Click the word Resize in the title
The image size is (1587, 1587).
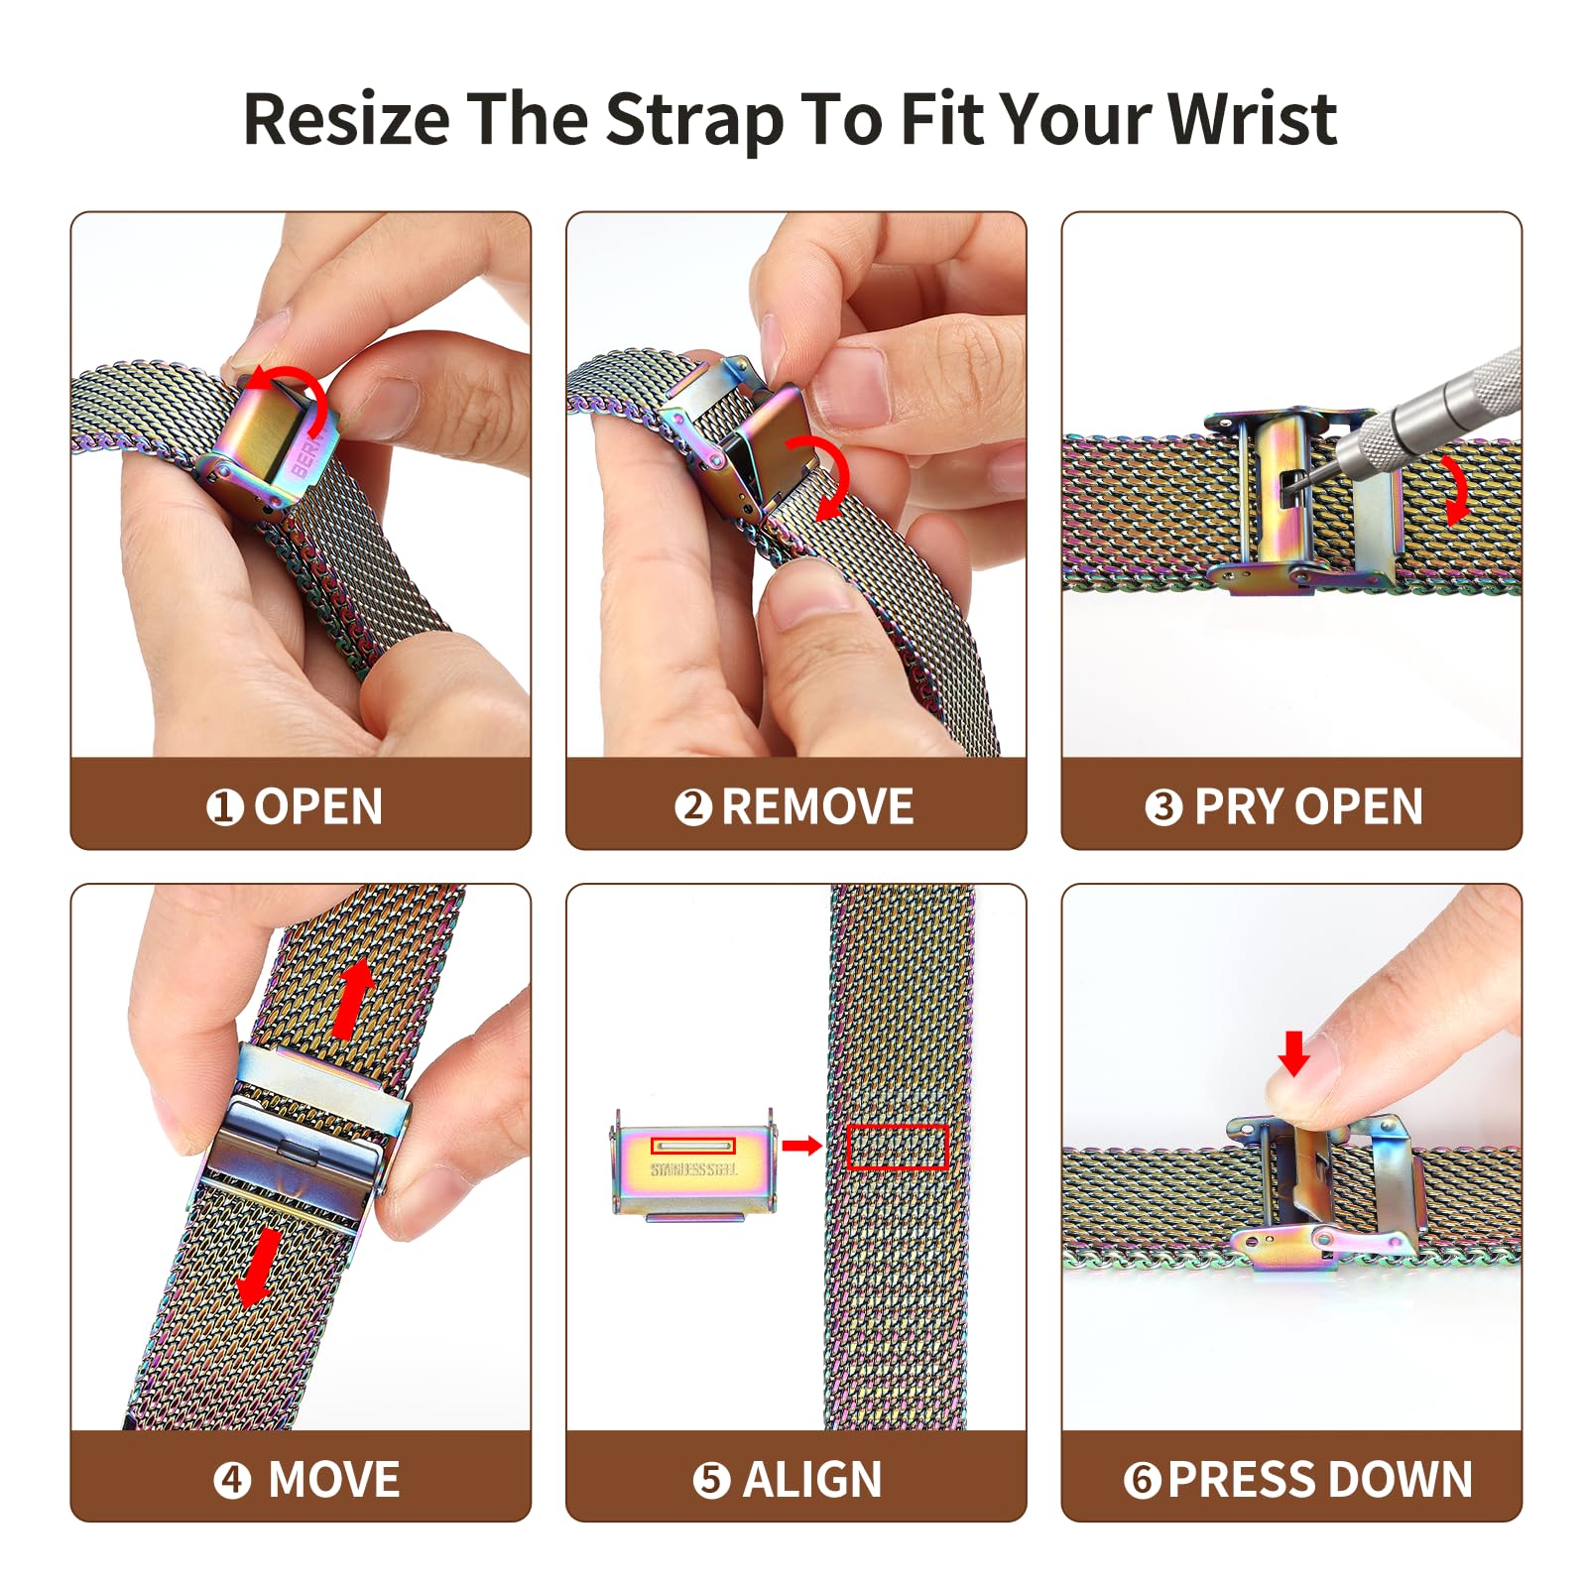tap(347, 120)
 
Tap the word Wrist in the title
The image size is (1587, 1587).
tap(1253, 118)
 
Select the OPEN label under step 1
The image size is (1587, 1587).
tap(318, 806)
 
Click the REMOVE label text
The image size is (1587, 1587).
tap(817, 806)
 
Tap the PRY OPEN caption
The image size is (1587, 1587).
tap(1308, 806)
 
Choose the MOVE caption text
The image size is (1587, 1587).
tap(334, 1480)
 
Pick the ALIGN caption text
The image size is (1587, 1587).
tap(812, 1480)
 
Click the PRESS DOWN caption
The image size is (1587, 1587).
tap(1320, 1480)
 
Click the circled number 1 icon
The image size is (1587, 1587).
tap(225, 807)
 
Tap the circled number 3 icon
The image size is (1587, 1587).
tap(1163, 807)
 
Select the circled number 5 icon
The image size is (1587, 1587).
tap(711, 1481)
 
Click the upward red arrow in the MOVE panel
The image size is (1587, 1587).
tap(353, 998)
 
